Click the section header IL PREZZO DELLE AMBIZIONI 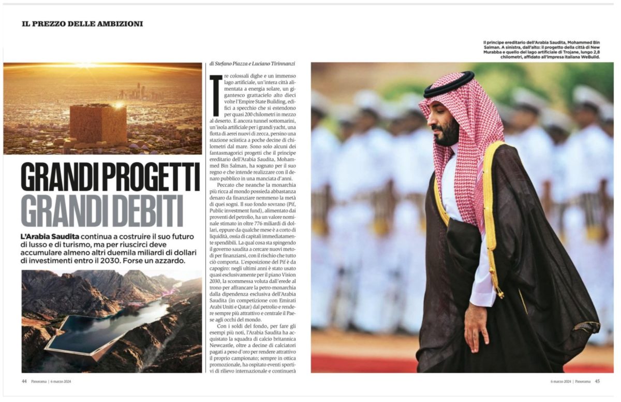point(82,24)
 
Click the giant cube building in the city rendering point(98,124)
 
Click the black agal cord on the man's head point(448,82)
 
